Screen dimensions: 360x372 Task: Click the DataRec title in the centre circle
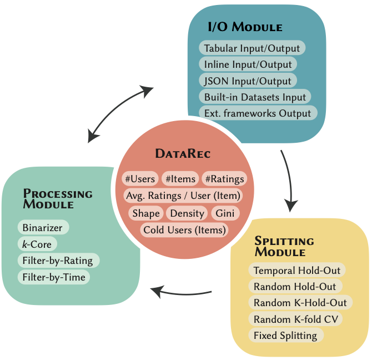point(183,153)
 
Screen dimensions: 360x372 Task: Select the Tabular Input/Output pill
point(252,48)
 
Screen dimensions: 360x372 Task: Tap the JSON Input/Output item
point(248,81)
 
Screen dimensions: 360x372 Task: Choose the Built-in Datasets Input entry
point(255,97)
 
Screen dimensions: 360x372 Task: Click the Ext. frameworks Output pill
point(258,113)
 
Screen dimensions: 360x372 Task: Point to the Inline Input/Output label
point(248,64)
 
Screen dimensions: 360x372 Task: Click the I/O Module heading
point(245,27)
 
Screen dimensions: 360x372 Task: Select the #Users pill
point(140,179)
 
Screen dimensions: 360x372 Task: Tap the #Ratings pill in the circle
point(224,179)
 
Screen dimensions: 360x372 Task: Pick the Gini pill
point(225,213)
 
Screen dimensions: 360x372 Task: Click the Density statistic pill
point(187,213)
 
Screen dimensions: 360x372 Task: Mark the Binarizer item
point(43,227)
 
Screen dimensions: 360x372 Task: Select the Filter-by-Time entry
point(53,277)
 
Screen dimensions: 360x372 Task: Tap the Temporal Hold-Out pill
point(296,271)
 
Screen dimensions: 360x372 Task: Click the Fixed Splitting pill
point(285,335)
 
